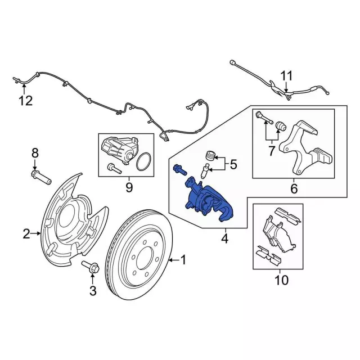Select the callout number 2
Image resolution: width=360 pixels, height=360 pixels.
[x=26, y=233]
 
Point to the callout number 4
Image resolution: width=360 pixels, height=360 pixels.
[x=225, y=239]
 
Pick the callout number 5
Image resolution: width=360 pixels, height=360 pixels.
[x=233, y=165]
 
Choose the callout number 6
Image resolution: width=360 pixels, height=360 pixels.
[x=293, y=189]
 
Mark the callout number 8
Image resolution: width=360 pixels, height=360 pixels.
[x=34, y=152]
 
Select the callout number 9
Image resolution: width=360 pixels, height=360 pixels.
[x=129, y=187]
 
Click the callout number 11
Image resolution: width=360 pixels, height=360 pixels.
[x=287, y=75]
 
